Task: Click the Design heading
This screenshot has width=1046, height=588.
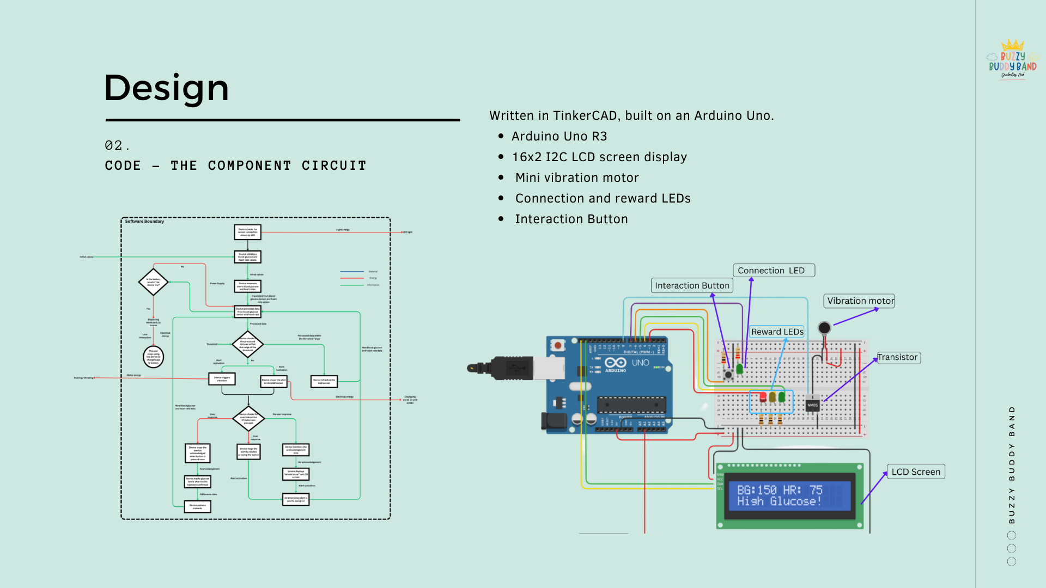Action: pyautogui.click(x=166, y=88)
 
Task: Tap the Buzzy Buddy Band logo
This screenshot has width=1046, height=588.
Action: pyautogui.click(x=1013, y=60)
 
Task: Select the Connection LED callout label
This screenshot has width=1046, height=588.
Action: pyautogui.click(x=773, y=271)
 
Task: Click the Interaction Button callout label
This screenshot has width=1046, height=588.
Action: pyautogui.click(x=692, y=285)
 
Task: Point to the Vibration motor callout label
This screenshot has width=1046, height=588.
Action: pyautogui.click(x=860, y=301)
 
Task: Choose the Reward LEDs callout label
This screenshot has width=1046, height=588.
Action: pyautogui.click(x=777, y=332)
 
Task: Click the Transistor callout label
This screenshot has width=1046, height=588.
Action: pyautogui.click(x=897, y=357)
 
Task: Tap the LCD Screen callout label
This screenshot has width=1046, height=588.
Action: pyautogui.click(x=915, y=471)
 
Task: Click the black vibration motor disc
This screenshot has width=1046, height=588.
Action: pyautogui.click(x=824, y=328)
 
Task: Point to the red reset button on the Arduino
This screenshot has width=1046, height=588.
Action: pyautogui.click(x=557, y=345)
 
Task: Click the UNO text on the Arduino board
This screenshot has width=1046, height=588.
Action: pyautogui.click(x=640, y=363)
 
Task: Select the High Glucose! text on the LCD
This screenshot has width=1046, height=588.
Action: pyautogui.click(x=779, y=501)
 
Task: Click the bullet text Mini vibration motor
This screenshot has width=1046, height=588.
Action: pyautogui.click(x=576, y=177)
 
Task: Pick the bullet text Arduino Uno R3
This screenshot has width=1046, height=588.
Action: pyautogui.click(x=559, y=136)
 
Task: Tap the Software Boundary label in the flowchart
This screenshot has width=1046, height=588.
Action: pyautogui.click(x=144, y=222)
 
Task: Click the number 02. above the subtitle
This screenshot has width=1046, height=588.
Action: pyautogui.click(x=117, y=145)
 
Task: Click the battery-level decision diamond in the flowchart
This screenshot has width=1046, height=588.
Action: pyautogui.click(x=153, y=282)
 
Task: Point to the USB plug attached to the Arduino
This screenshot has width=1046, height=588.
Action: pyautogui.click(x=512, y=369)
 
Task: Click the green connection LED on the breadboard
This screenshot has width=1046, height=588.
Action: pyautogui.click(x=739, y=369)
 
